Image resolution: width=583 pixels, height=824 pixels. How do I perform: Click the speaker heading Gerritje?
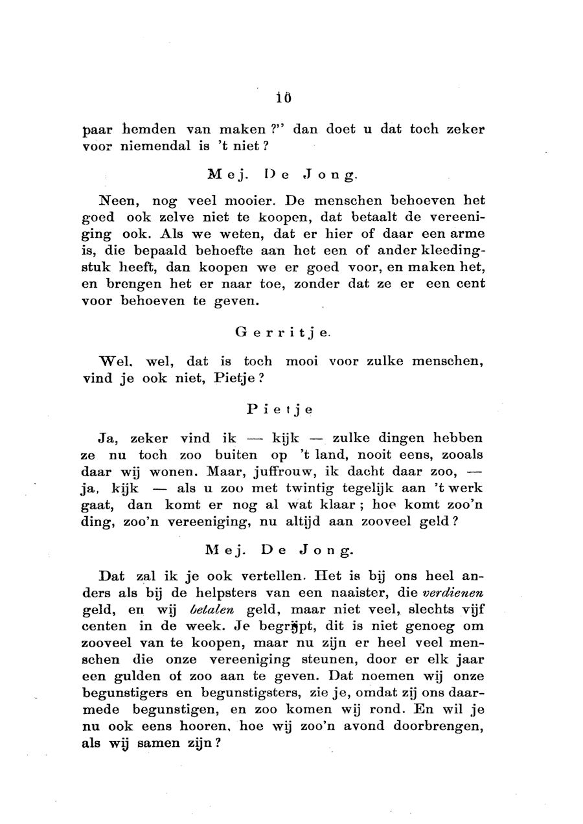click(x=282, y=334)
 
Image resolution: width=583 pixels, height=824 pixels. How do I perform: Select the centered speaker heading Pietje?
click(x=280, y=409)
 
